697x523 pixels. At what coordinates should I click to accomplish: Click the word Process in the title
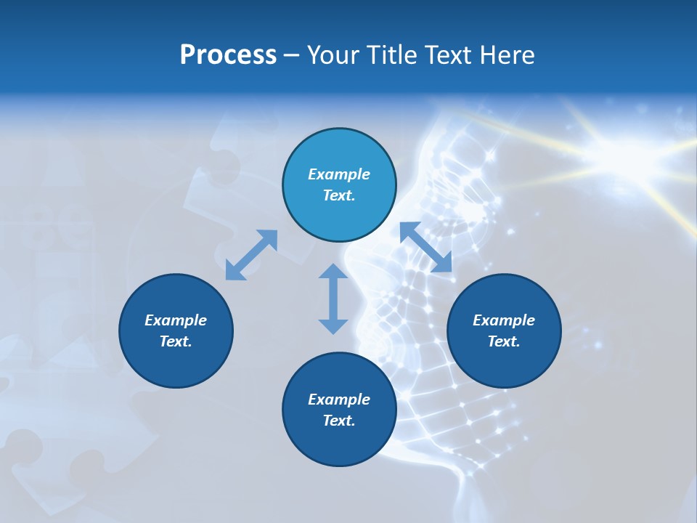228,55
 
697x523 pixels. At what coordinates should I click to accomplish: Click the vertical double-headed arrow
333,299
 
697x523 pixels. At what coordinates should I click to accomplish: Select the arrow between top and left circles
251,255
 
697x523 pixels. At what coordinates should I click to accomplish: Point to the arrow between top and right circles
426,248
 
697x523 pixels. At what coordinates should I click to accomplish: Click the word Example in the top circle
339,174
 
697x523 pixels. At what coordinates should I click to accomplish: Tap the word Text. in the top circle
339,195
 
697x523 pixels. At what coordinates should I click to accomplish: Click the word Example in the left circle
176,320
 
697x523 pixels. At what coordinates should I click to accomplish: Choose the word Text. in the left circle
176,341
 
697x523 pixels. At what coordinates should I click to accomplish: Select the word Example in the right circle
504,320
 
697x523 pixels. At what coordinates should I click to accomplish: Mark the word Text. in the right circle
504,341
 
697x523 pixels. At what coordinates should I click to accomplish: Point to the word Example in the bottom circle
339,400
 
